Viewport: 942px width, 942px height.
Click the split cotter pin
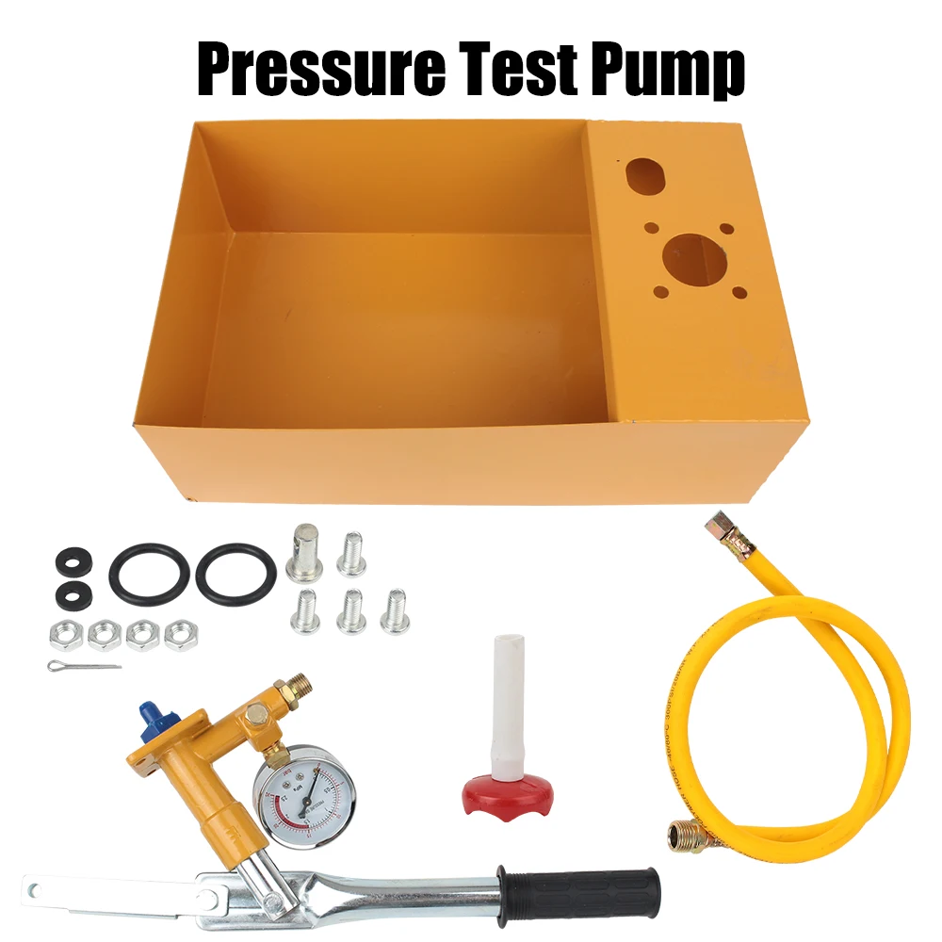click(x=84, y=667)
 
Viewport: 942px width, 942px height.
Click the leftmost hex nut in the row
click(x=64, y=634)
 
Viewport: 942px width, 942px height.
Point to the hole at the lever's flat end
click(x=37, y=888)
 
